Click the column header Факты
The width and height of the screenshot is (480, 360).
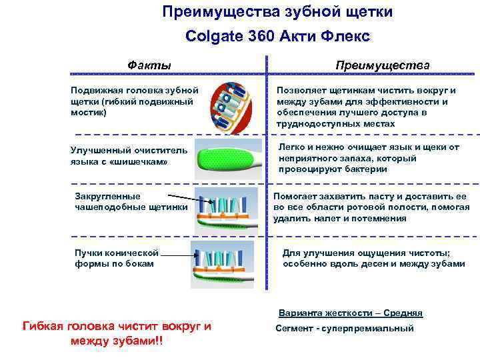point(149,65)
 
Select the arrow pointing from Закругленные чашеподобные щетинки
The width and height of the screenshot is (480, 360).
point(181,199)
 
